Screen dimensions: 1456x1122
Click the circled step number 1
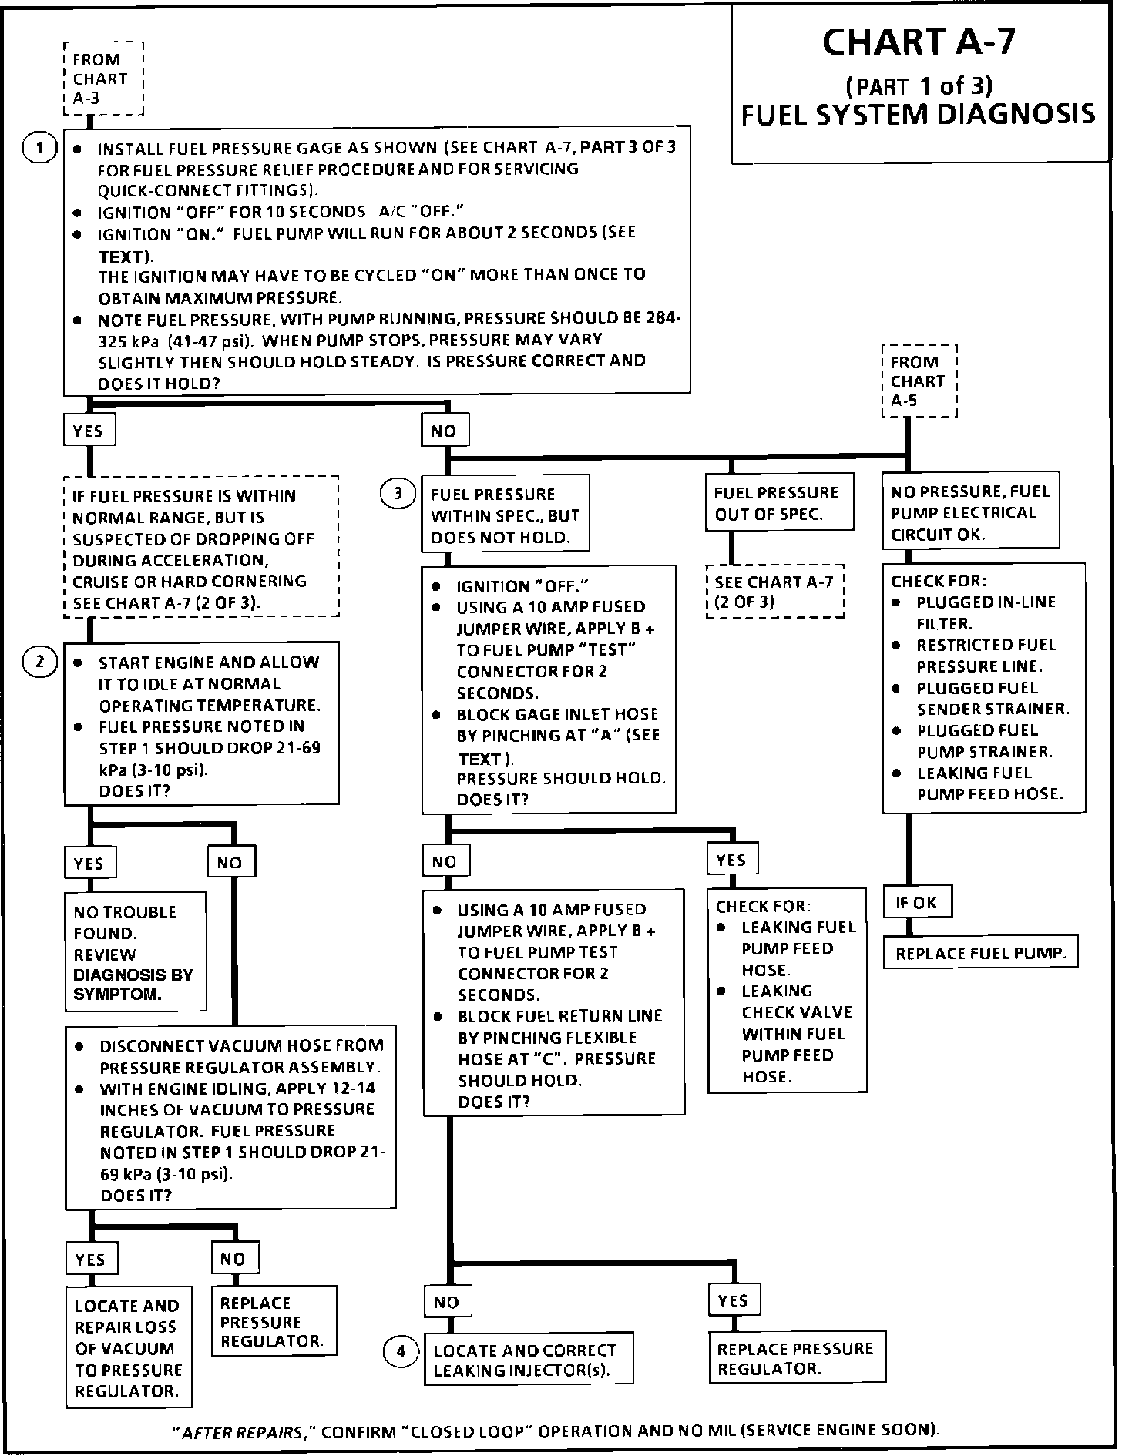click(x=40, y=147)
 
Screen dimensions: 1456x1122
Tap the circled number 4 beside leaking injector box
click(x=401, y=1351)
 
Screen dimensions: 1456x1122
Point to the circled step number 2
click(x=40, y=661)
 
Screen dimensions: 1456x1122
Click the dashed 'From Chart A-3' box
click(x=103, y=79)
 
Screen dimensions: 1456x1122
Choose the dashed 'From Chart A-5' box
click(x=919, y=381)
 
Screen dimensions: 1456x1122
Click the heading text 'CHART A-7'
click(x=919, y=43)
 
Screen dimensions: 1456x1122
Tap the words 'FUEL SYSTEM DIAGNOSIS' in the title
click(x=918, y=114)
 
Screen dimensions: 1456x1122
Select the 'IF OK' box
click(x=917, y=902)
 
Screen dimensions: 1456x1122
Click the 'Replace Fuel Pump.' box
click(x=980, y=953)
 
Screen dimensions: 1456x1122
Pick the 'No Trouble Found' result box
click(x=135, y=952)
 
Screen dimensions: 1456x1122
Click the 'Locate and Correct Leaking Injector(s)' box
click(x=528, y=1360)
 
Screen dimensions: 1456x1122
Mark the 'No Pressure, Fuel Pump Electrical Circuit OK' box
click(x=969, y=512)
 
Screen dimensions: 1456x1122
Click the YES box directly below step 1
click(x=89, y=431)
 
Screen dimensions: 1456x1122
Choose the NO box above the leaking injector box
click(x=447, y=1302)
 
